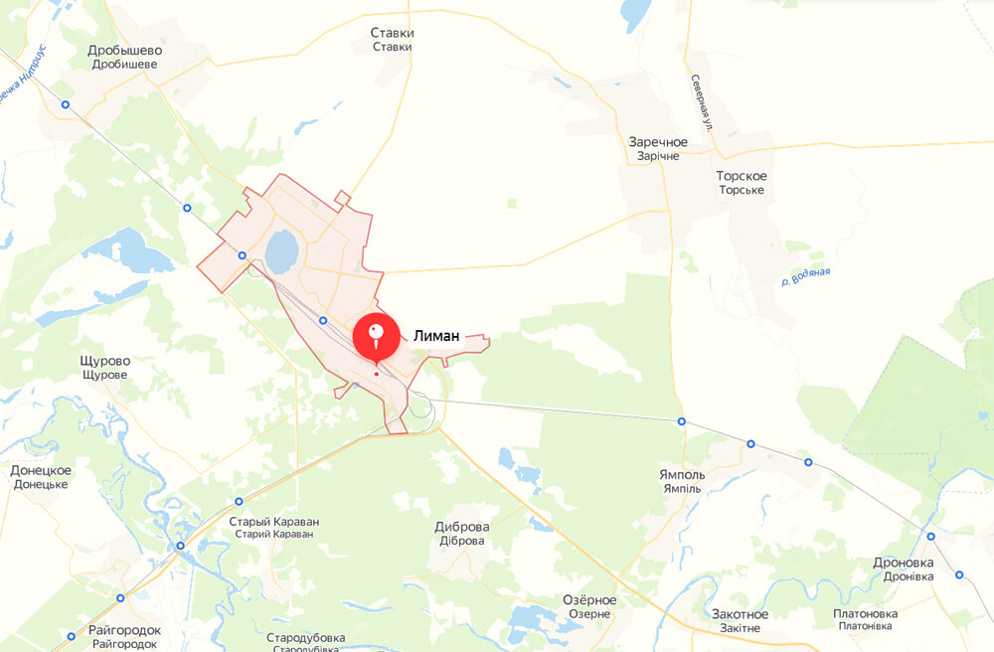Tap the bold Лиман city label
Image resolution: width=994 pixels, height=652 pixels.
point(436,337)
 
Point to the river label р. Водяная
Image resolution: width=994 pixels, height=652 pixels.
point(805,277)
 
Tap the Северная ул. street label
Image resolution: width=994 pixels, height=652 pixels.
point(701,103)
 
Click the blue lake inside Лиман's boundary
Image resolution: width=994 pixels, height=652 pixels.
point(281,250)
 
